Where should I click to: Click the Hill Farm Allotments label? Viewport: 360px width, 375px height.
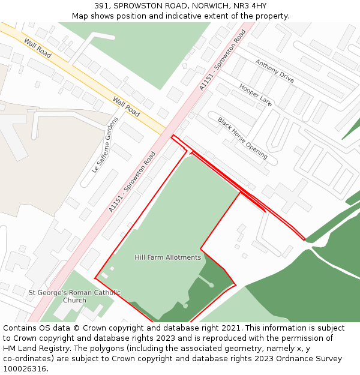pos(167,257)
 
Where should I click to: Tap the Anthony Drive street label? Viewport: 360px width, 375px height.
pos(274,71)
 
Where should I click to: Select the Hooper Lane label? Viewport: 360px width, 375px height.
pos(256,95)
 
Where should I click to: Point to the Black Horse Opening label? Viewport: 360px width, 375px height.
pos(242,138)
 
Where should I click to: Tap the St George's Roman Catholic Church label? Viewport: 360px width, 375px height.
pos(74,296)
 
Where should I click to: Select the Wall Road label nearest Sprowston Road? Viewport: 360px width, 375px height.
pos(126,107)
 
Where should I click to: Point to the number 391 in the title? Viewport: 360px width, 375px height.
pos(101,5)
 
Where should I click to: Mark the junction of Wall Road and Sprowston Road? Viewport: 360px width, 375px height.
pos(169,131)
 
